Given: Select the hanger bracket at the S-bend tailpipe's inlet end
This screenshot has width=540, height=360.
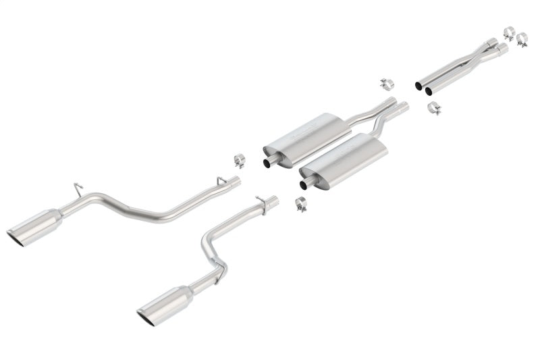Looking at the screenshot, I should pos(260,200).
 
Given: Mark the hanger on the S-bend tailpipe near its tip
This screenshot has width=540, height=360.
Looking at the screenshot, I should pos(218,275).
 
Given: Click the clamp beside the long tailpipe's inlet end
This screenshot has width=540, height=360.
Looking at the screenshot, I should pos(239,160).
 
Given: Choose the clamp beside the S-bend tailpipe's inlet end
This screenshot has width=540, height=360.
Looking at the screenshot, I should pos(300,203).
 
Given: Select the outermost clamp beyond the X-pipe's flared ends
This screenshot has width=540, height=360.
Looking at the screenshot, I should pos(522,39).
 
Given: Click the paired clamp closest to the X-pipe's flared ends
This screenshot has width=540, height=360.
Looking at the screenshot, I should pos(509,32).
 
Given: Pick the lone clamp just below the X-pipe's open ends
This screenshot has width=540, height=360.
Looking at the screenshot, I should pos(434,107).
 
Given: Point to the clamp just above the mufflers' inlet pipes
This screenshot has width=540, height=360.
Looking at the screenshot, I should pos(386,84).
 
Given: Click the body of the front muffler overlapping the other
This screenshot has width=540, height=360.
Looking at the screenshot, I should pos(344,159).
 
